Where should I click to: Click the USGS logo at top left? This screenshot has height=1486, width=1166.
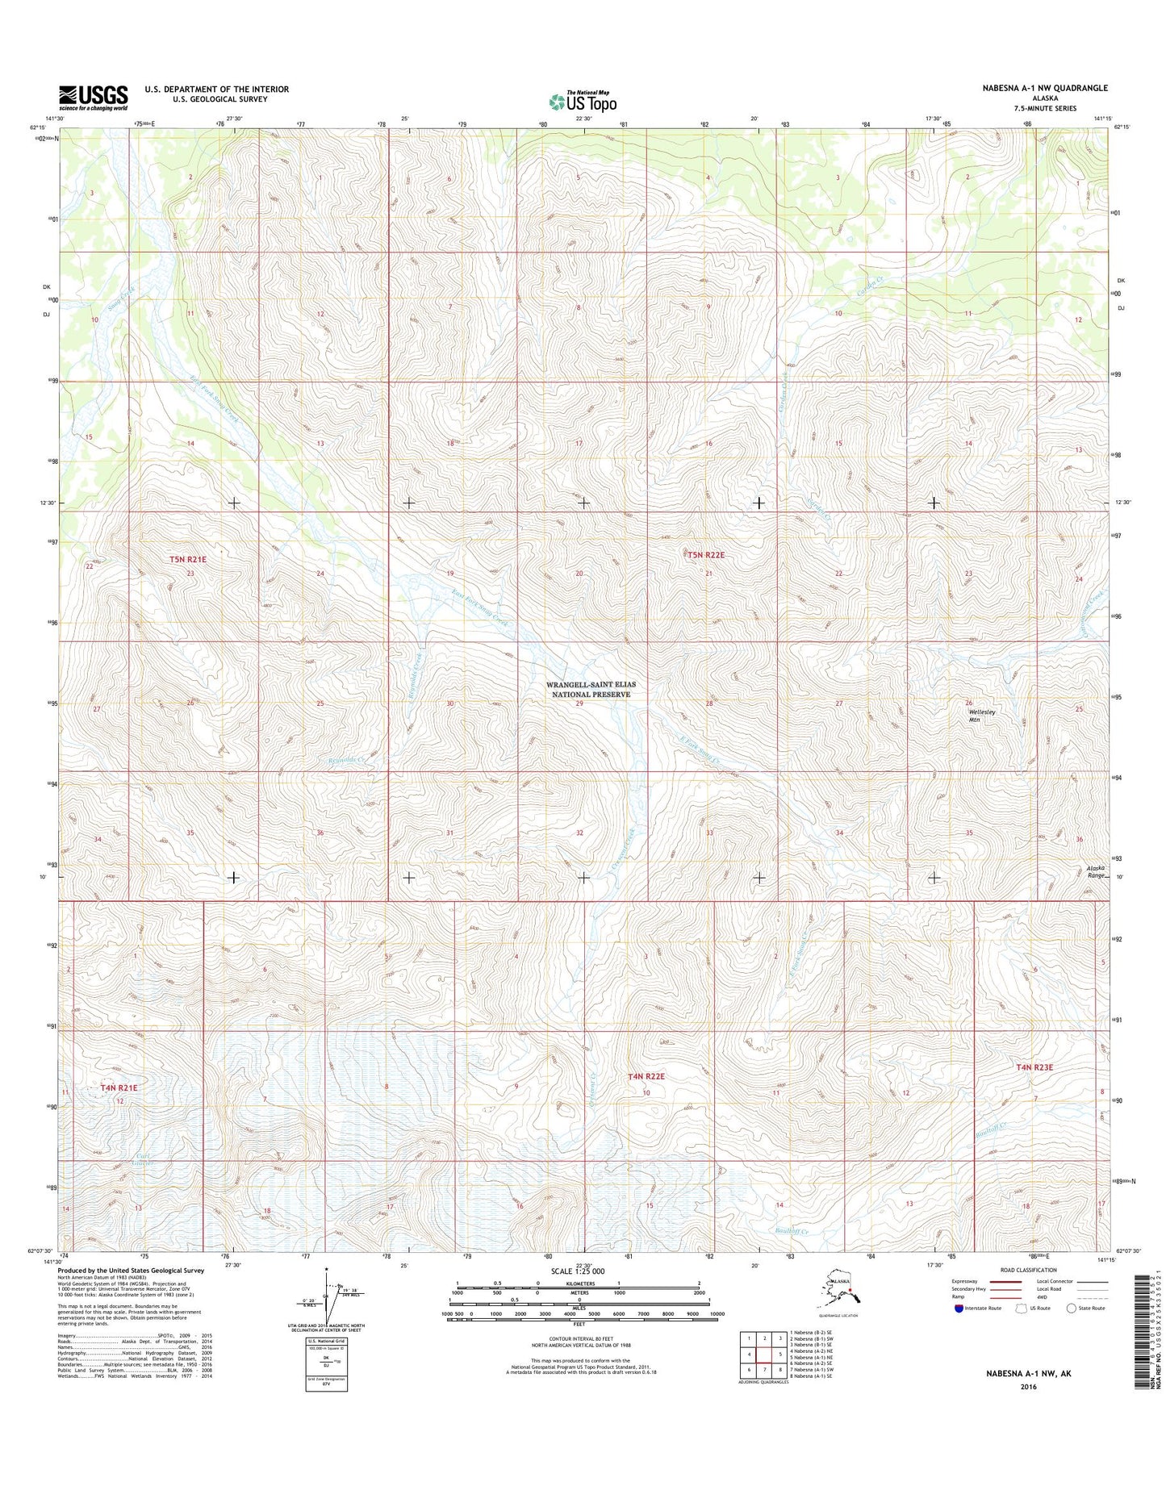tap(93, 98)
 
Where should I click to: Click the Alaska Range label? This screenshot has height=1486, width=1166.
tap(1095, 871)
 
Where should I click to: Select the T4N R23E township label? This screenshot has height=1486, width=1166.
tap(1034, 1067)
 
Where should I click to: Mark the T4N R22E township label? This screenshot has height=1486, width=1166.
tap(646, 1076)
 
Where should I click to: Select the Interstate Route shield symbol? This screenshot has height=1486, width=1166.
tap(959, 1308)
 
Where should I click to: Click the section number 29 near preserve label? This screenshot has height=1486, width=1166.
tap(579, 703)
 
